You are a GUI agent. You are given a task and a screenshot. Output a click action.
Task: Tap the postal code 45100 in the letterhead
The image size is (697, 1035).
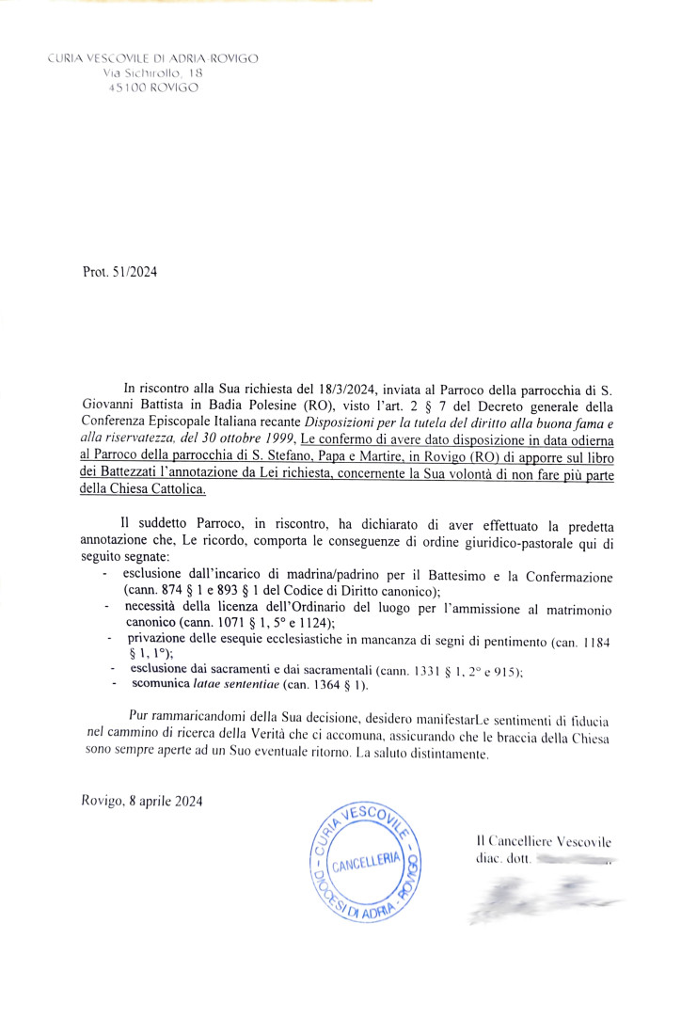coord(126,88)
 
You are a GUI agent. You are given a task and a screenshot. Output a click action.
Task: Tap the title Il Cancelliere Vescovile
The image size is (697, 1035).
coord(544,840)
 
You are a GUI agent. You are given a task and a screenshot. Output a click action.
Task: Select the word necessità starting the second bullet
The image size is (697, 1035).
coord(158,608)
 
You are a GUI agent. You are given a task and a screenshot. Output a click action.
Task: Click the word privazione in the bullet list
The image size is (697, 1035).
coord(160,640)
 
